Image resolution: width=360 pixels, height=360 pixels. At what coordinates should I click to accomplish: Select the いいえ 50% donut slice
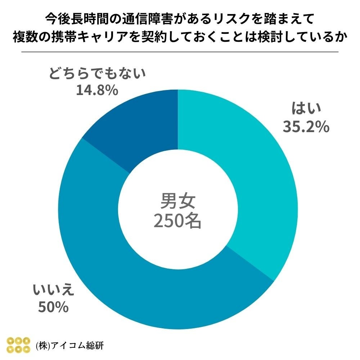144,288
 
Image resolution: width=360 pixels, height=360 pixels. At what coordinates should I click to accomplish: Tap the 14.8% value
97,90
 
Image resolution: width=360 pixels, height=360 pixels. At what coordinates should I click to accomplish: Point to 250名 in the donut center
177,221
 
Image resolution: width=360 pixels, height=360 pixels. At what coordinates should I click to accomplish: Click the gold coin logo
19,345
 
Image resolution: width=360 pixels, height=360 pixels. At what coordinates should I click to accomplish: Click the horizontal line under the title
180,52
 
